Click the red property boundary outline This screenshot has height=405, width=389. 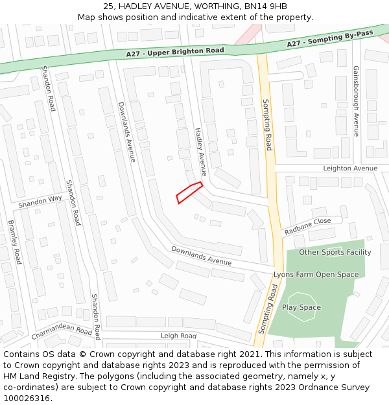coord(189,192)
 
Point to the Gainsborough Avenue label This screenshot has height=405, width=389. coord(356,100)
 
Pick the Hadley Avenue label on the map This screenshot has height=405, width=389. coord(200,152)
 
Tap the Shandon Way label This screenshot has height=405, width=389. coord(40,202)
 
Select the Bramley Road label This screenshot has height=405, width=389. coord(15,242)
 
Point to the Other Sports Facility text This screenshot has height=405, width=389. coord(335,252)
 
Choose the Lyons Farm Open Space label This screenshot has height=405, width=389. coord(316,274)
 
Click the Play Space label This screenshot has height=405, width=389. coord(301,307)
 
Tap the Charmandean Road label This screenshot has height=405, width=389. coord(62,331)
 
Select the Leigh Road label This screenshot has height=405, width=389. coord(178,336)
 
